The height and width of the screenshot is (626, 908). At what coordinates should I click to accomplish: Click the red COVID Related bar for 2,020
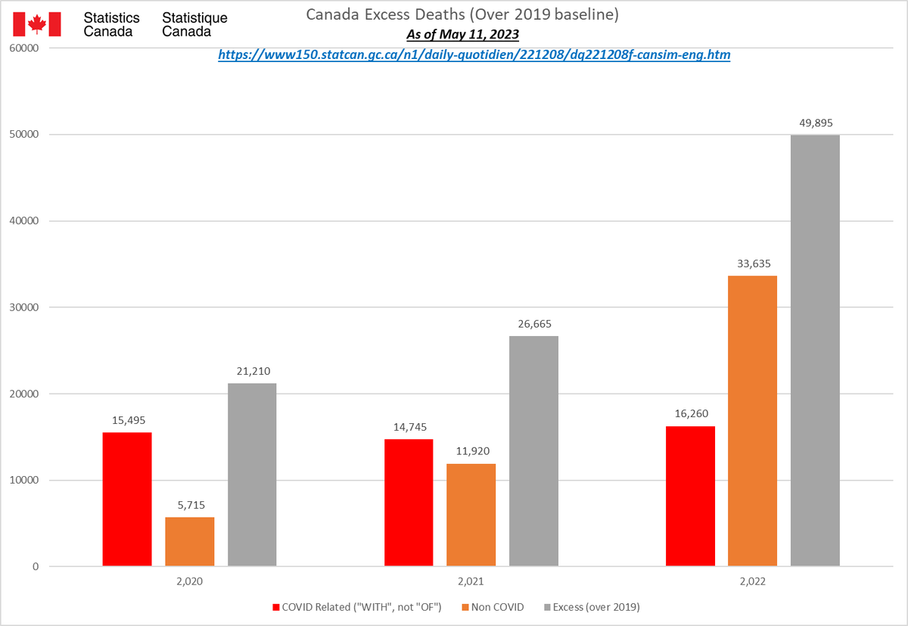click(x=127, y=499)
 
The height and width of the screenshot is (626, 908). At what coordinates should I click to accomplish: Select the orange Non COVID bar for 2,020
click(x=190, y=541)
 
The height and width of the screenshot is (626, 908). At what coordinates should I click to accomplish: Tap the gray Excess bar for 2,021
click(x=533, y=450)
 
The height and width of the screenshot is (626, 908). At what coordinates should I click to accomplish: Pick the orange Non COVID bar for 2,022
click(x=752, y=421)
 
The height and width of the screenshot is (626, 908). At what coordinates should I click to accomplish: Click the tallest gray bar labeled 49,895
click(x=815, y=350)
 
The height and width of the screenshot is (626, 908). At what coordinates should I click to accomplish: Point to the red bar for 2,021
click(x=409, y=502)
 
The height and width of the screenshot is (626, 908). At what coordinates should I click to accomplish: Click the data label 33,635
click(x=752, y=264)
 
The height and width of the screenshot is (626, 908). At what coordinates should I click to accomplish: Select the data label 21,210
click(x=252, y=371)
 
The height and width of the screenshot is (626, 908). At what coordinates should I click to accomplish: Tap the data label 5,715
click(x=190, y=505)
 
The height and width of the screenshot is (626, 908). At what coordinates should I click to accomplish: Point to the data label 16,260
click(x=690, y=414)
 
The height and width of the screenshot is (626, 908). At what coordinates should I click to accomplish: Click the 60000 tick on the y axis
click(x=23, y=48)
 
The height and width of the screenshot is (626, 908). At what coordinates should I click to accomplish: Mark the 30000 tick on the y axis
click(x=23, y=307)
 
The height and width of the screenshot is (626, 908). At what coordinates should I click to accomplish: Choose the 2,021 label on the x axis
click(x=471, y=583)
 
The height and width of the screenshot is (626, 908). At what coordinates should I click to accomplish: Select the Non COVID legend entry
click(x=492, y=607)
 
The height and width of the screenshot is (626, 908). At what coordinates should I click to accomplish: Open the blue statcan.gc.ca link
click(x=474, y=55)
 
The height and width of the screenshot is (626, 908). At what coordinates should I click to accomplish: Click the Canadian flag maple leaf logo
click(x=36, y=25)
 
